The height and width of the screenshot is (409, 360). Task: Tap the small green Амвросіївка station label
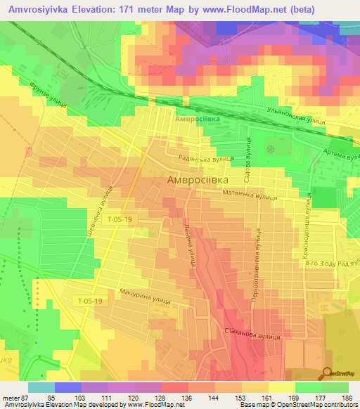[x=198, y=119]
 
